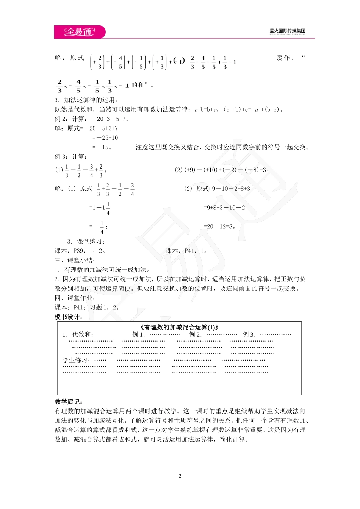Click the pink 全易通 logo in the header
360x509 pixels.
(80, 32)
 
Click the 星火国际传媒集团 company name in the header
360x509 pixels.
(287, 31)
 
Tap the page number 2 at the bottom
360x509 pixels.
(180, 476)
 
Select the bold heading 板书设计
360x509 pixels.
(68, 317)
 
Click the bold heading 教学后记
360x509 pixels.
(69, 402)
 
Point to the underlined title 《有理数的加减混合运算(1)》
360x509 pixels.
(179, 328)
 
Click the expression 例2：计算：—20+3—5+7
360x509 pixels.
(92, 119)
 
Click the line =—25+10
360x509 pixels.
(105, 138)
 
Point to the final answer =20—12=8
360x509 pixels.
(220, 226)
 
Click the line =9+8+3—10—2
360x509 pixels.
(224, 208)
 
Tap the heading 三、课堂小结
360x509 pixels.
(75, 260)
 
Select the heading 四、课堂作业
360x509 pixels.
(75, 298)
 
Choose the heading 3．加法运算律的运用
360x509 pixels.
(86, 100)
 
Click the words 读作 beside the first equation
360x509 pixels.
(283, 58)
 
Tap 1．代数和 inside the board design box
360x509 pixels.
(78, 334)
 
